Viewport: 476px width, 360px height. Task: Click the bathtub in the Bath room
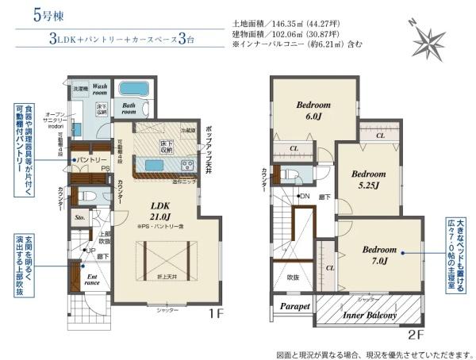pyautogui.click(x=130, y=90)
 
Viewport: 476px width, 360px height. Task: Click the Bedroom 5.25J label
pyautogui.click(x=368, y=178)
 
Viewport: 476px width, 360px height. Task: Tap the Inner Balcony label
pyautogui.click(x=370, y=316)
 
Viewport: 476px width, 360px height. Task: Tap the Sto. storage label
pyautogui.click(x=79, y=215)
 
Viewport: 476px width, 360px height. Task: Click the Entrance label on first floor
pyautogui.click(x=93, y=278)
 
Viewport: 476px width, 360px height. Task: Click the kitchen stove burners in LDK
pyautogui.click(x=187, y=165)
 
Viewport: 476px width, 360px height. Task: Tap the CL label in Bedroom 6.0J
pyautogui.click(x=294, y=149)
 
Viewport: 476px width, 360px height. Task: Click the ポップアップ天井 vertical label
pyautogui.click(x=207, y=148)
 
